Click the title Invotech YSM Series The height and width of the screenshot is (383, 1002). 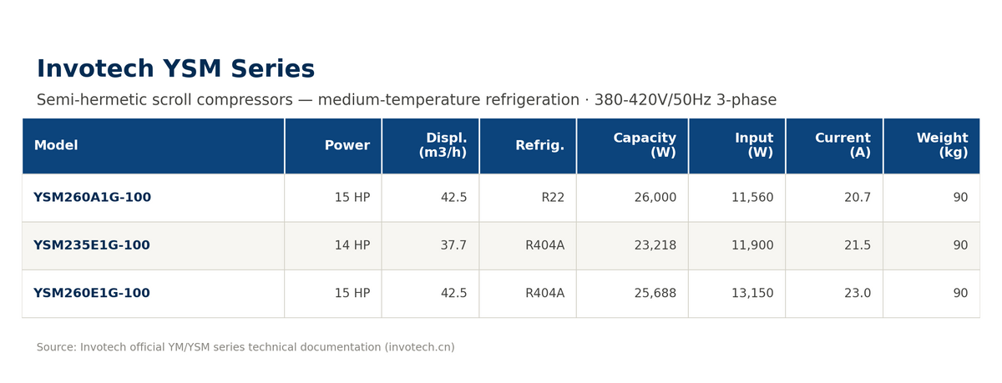pos(176,68)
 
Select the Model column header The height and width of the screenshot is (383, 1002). pos(56,145)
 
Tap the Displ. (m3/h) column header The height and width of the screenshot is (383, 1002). pos(443,145)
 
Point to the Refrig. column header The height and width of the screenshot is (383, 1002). pos(540,145)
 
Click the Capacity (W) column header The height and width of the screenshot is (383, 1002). pos(645,145)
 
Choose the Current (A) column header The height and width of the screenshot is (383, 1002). pos(843,145)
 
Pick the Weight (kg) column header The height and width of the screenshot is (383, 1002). pos(942,145)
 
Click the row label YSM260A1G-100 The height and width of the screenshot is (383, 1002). pos(92,197)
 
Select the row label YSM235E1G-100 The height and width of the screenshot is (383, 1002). pos(92,245)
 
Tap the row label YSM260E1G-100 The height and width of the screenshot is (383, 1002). pos(92,293)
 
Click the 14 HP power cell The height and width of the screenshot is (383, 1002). pos(352,245)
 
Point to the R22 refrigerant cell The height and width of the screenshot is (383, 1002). pos(553,197)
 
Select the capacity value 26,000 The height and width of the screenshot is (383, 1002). pos(655,197)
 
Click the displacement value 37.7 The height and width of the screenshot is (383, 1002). pos(453,245)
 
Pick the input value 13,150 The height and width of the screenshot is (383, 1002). pos(752,293)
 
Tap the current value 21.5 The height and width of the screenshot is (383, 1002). pos(858,245)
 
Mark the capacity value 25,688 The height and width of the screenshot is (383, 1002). pos(655,293)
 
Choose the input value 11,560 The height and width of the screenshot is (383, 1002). pos(752,197)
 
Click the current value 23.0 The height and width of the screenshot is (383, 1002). pos(858,293)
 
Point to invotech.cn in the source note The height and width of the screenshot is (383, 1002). pos(419,347)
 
